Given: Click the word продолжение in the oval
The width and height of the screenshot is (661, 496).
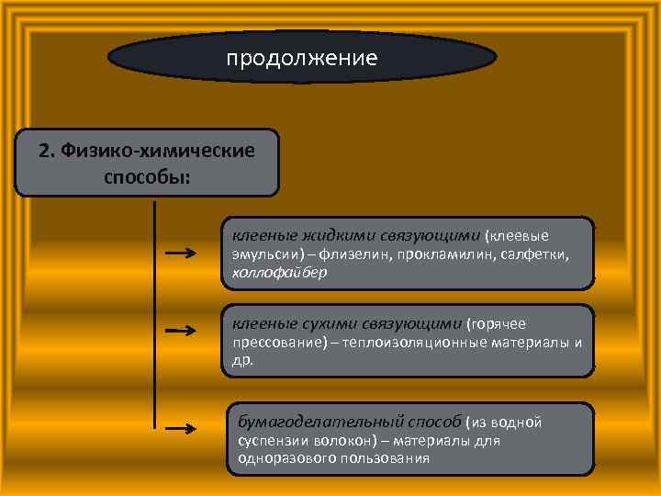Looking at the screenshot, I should coord(302,59).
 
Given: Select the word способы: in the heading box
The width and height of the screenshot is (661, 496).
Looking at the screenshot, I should coord(147,175).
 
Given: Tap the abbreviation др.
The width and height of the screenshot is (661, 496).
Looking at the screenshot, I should coord(241,361).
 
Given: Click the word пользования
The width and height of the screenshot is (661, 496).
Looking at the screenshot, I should coord(382,457).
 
